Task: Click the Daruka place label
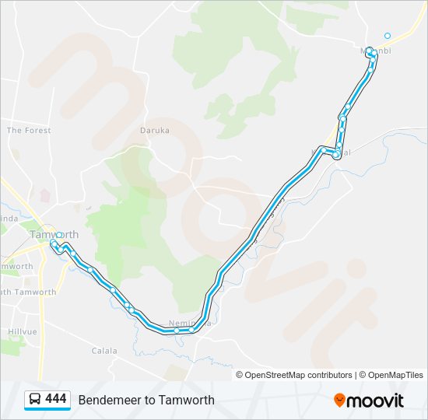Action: point(154,131)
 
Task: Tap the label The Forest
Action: point(29,131)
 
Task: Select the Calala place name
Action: point(104,351)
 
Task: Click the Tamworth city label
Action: point(54,234)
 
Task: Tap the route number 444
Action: point(56,399)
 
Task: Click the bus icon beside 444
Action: point(35,400)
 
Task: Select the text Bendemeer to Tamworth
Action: point(146,400)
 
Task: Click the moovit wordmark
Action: point(375,401)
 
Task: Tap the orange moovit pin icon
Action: point(339,400)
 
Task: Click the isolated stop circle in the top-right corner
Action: point(388,35)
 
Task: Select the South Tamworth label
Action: point(28,292)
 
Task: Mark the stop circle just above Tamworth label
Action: point(59,235)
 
